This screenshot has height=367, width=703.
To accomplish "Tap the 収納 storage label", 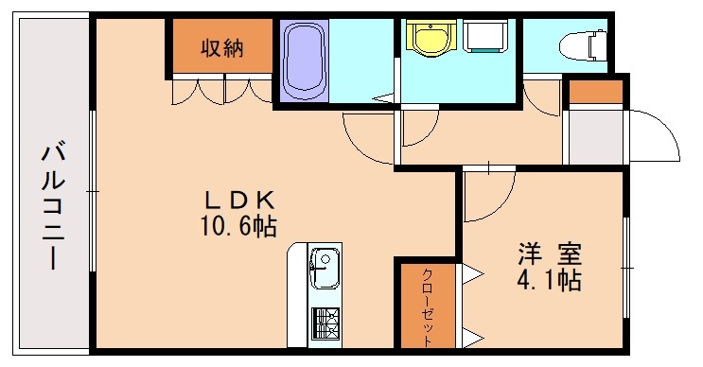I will coord(222,48).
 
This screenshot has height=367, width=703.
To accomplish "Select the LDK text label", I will coord(240,200).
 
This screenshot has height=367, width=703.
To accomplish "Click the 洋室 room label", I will coord(548,253).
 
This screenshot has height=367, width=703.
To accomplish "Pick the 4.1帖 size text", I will coord(548,280).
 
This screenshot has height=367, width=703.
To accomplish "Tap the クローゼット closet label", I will coord(427,303).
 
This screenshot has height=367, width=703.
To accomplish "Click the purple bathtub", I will coord(305,59).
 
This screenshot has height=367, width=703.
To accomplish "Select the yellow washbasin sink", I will coord(431,38).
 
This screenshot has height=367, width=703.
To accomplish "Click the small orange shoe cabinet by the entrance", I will coord(595,92).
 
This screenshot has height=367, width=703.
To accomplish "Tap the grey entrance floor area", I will coord(595,136).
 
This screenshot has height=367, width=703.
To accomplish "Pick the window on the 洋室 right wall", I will coord(626,270).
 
